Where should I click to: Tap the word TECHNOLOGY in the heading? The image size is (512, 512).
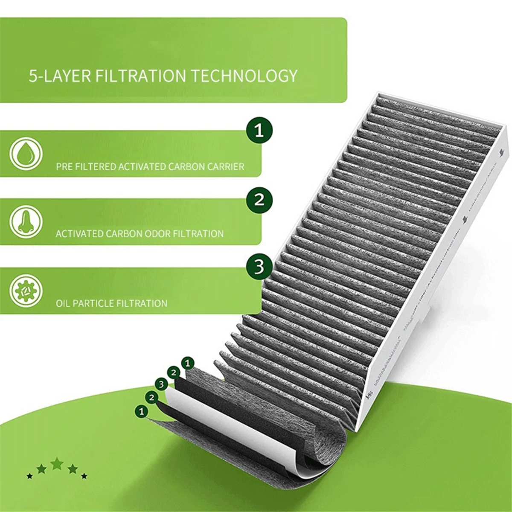(x=243, y=76)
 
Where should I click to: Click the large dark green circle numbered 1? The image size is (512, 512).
(x=259, y=130)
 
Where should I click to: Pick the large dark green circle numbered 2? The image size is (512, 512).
(x=259, y=199)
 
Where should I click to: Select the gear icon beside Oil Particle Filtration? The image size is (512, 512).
(x=26, y=291)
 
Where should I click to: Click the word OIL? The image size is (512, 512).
(x=63, y=304)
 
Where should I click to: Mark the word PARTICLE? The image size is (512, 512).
(x=93, y=304)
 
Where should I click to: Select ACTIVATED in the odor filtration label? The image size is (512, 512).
(x=78, y=234)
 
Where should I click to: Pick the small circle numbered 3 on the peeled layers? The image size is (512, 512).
(x=161, y=384)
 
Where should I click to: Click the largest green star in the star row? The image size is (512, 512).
(x=57, y=464)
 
